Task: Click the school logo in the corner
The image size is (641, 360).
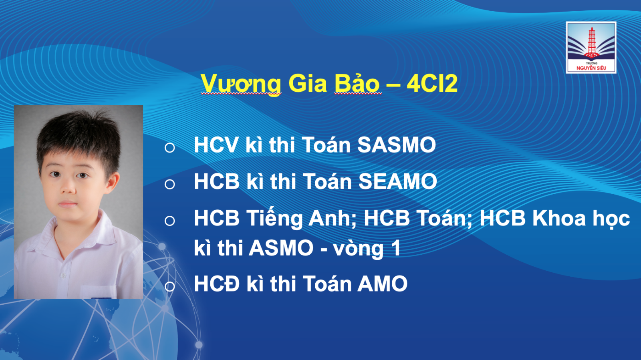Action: point(591,48)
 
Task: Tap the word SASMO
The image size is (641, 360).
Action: point(397,145)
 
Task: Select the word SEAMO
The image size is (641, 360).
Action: point(398,181)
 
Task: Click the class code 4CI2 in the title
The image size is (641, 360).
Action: point(432,83)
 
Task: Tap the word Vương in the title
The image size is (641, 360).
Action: point(241,84)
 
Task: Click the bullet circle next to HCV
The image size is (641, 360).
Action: point(170,147)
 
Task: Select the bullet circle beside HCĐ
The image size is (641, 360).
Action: point(170,286)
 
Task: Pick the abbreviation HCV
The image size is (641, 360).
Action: point(216,145)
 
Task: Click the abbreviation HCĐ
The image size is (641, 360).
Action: point(217,284)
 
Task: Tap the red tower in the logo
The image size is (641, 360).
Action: point(591,42)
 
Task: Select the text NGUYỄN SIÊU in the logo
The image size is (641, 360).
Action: point(591,68)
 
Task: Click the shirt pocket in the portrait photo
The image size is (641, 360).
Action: point(99,291)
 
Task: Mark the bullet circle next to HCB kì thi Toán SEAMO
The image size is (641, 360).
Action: point(170,184)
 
